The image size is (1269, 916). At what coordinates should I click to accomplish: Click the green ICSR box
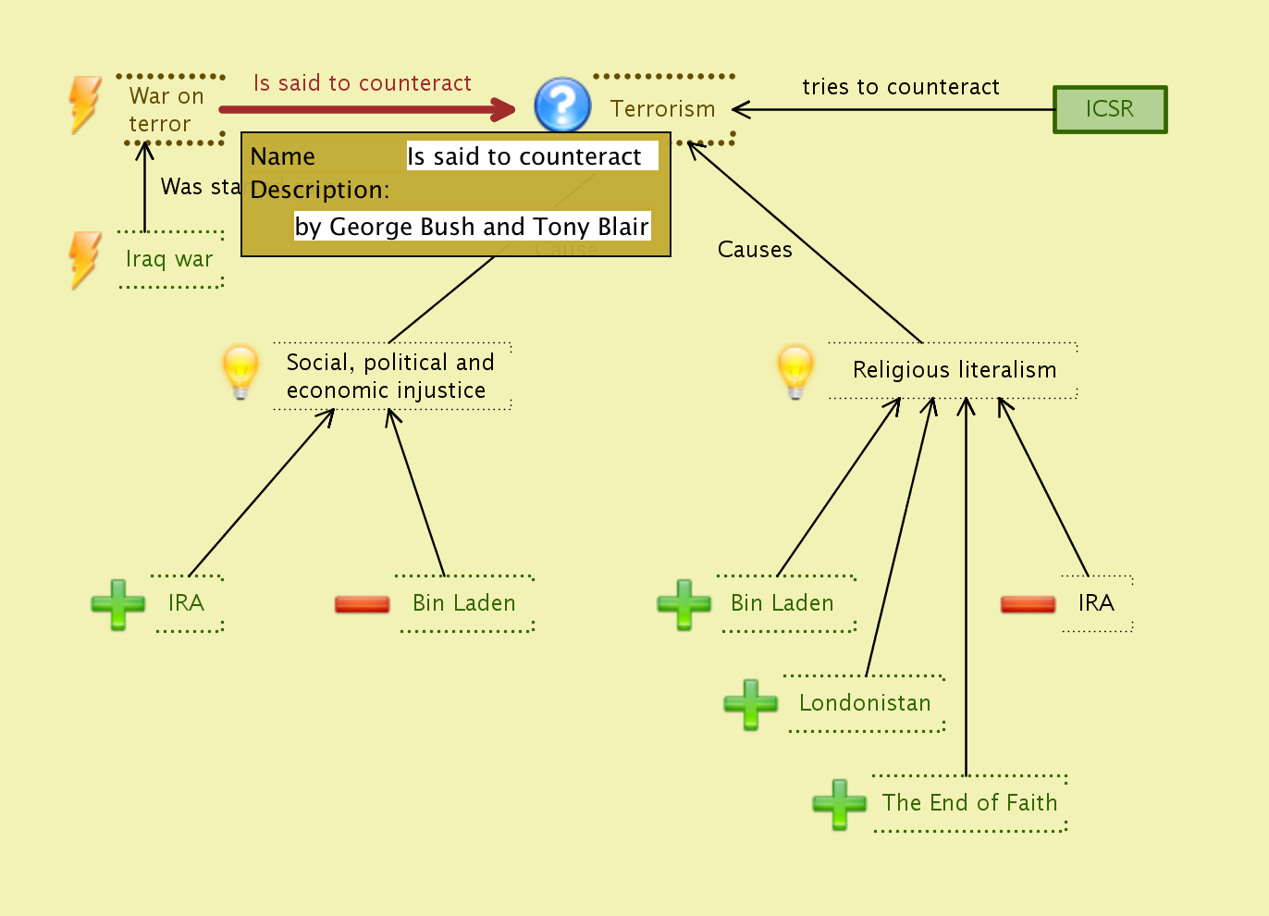coord(1110,109)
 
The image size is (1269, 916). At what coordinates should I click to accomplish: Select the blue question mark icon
coord(562,105)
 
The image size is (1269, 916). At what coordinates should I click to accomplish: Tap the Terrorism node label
coord(663,109)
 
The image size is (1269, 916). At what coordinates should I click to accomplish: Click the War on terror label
coord(166,110)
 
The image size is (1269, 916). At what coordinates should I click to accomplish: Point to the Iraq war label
coord(169,259)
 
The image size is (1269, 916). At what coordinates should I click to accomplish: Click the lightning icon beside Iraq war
coord(85,259)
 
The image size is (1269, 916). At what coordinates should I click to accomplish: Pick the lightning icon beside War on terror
coord(85,104)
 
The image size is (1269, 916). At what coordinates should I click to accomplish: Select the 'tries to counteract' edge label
coord(900,87)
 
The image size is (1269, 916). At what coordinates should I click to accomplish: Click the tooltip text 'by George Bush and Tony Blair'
coord(472,227)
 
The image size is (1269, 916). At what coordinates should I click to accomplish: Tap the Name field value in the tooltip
coord(524,156)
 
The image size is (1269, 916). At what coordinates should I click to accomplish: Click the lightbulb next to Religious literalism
coord(795,371)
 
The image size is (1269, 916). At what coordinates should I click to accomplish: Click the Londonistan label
coord(865,703)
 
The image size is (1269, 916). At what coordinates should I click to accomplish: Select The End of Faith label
coord(969,803)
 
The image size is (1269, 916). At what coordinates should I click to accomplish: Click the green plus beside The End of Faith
coord(839,803)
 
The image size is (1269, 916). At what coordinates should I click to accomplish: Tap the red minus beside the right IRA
coord(1028,604)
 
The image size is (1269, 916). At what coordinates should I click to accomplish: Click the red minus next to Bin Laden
coord(362,604)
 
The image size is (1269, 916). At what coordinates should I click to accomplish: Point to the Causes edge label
coord(755,250)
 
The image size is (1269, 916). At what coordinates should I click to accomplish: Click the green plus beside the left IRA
coord(118,604)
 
